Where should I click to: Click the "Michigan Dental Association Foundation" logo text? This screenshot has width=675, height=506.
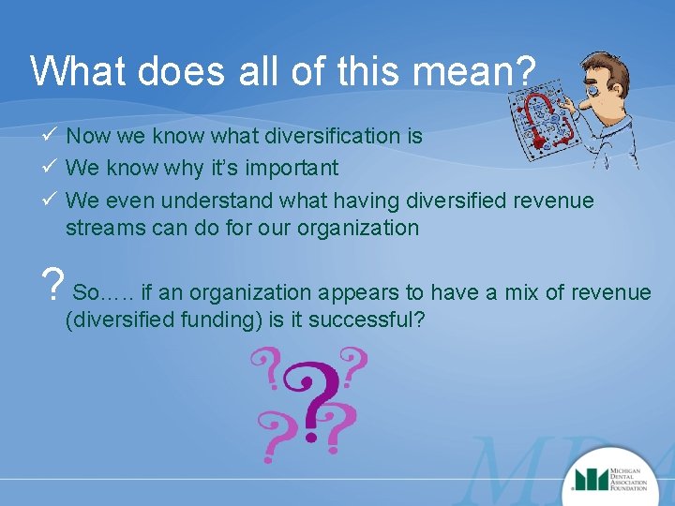click(x=638, y=480)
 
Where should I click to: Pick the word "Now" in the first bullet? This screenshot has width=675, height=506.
click(x=88, y=136)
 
